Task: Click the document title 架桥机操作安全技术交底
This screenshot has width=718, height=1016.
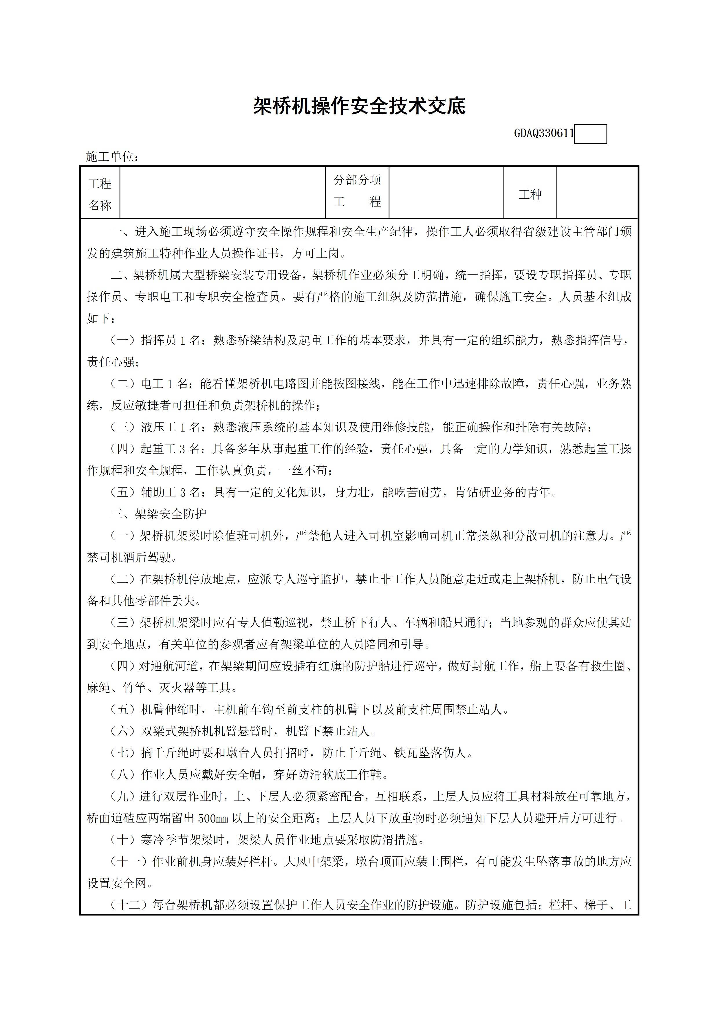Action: click(359, 106)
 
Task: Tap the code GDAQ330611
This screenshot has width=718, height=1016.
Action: click(544, 133)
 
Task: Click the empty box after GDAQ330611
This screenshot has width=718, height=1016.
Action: click(590, 134)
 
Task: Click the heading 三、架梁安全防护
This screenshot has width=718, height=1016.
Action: click(158, 514)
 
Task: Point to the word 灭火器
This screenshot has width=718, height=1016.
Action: click(176, 688)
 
